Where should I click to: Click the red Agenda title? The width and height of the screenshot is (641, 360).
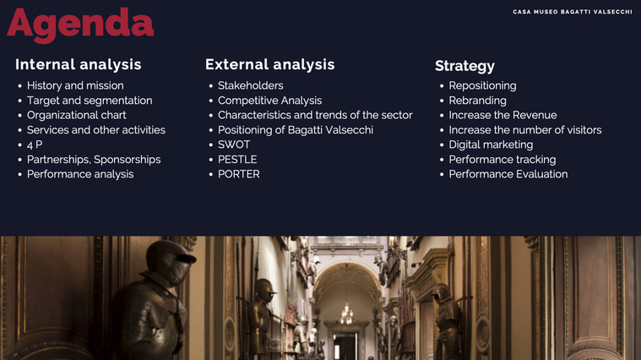point(80,25)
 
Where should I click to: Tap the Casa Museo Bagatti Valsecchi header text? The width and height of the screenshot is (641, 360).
point(573,12)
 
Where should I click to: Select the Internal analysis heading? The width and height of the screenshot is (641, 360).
point(78,64)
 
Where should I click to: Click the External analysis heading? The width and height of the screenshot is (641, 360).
point(269,64)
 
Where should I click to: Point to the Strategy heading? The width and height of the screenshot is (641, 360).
point(464,66)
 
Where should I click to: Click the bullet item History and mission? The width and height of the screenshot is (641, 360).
point(75,85)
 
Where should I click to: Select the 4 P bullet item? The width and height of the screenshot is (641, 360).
point(35,145)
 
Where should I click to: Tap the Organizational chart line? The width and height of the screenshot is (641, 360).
point(77,116)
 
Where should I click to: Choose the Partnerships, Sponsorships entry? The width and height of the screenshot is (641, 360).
point(94,160)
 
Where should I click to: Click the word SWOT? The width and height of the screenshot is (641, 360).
point(234,145)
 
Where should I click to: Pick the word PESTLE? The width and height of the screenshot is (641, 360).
point(237,159)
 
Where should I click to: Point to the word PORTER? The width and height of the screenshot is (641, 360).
point(239,174)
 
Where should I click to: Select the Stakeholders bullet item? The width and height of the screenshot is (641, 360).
point(251,85)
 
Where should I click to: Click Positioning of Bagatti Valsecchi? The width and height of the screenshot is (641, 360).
point(296,130)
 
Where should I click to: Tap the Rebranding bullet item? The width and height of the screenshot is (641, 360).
point(477,101)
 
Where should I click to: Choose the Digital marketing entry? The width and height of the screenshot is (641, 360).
point(491,145)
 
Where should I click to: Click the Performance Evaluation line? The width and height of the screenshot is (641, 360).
point(508,174)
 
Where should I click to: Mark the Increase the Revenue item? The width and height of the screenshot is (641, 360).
point(502,115)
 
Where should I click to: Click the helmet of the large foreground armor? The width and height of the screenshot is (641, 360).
point(170,262)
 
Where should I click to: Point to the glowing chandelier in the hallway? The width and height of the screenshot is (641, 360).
point(346,314)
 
